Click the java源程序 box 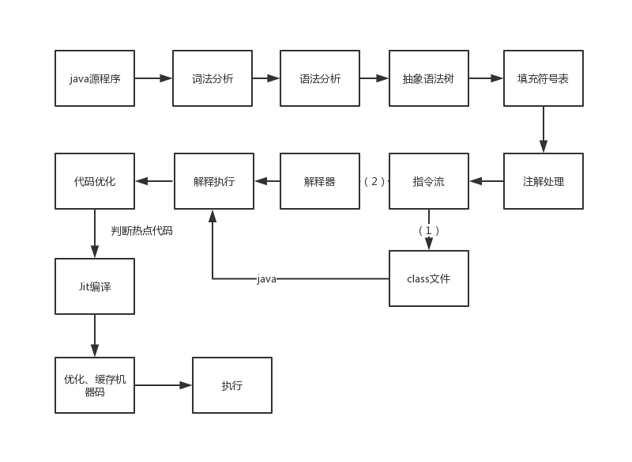[95, 78]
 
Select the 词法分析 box [213, 78]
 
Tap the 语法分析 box [320, 78]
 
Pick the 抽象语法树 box [429, 78]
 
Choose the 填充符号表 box [544, 78]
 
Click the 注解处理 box [544, 181]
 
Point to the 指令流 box [429, 181]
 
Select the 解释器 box [320, 181]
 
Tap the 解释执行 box [214, 181]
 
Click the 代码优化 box [95, 181]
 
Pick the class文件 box [429, 278]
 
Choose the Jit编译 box [95, 286]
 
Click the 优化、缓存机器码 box [95, 385]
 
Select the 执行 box [232, 385]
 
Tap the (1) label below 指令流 [428, 230]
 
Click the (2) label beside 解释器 [374, 181]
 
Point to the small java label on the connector [267, 278]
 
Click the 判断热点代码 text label [141, 231]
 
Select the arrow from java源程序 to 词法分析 [153, 78]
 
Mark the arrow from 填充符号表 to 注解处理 [544, 130]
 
